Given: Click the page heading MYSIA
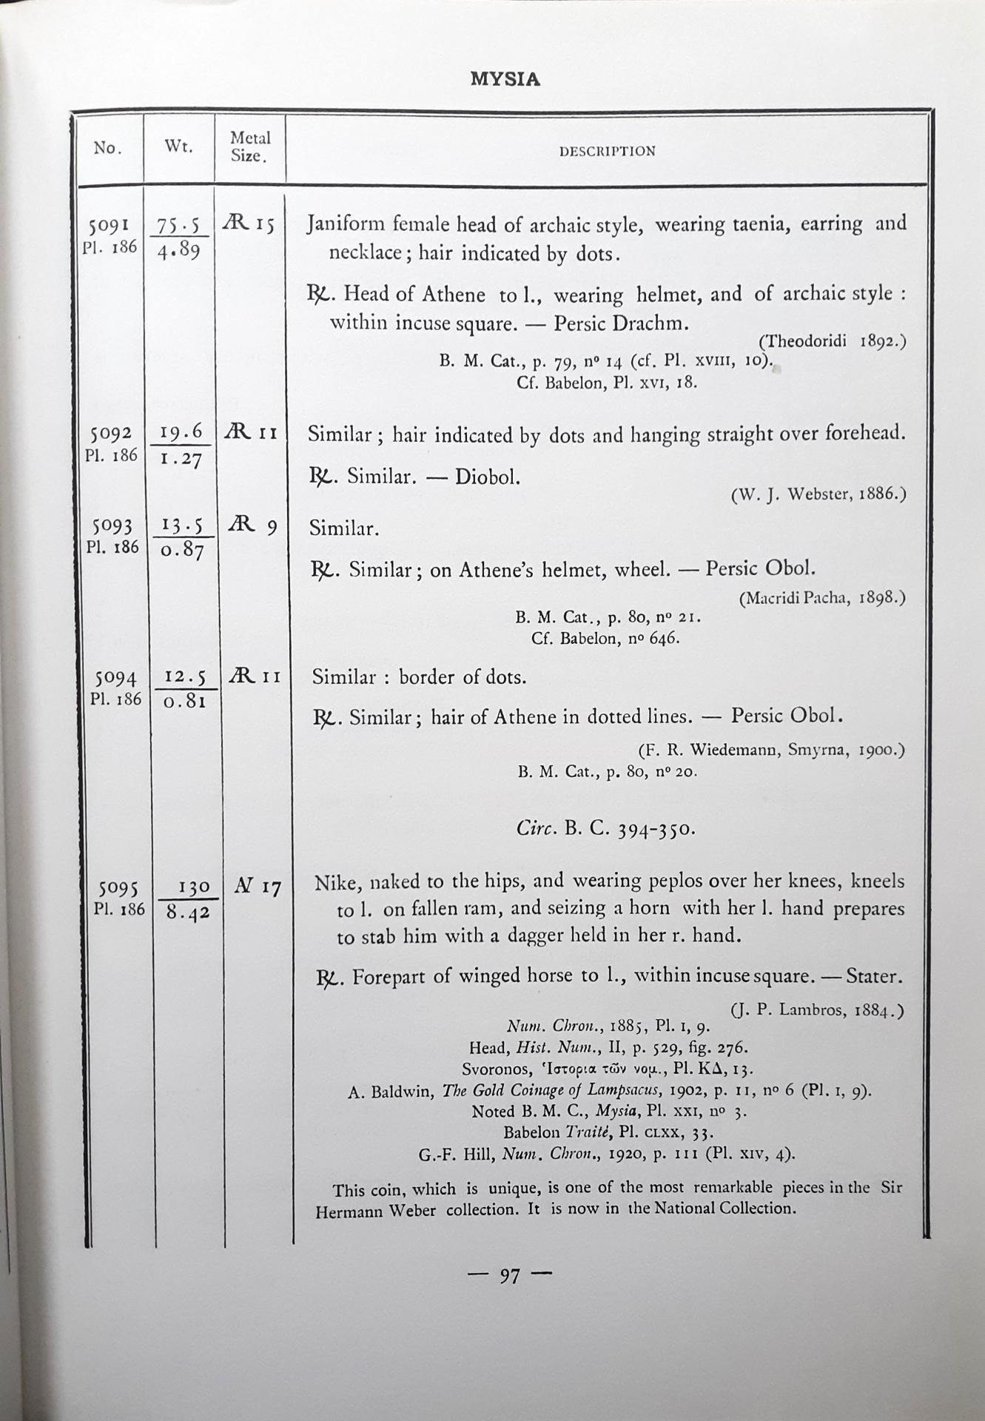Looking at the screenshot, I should point(505,79).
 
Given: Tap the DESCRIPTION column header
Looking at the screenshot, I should point(607,151).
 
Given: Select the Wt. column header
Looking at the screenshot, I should point(178,147).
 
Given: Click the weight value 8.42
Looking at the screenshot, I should point(187,913).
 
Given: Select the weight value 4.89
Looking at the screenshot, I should point(178,250).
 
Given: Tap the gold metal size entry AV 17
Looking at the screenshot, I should point(257,887).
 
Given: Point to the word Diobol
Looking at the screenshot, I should point(487,476).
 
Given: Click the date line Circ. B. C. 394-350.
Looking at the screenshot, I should point(605,828).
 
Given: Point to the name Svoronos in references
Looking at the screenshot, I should point(493,1069).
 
